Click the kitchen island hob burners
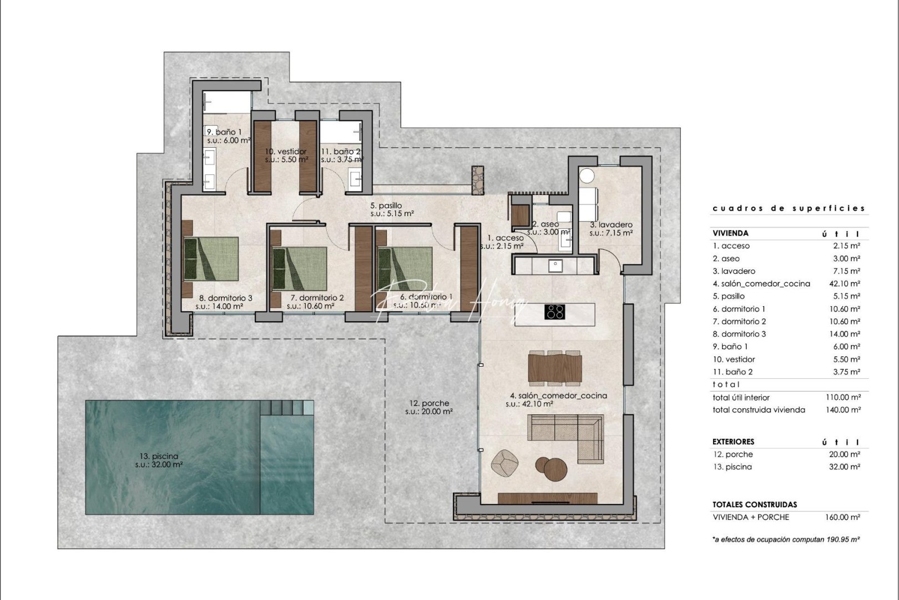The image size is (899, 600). [x=555, y=312]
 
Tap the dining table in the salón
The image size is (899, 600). [x=555, y=367]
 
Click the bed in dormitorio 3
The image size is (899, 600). [x=211, y=258]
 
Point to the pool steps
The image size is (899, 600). [x=287, y=408]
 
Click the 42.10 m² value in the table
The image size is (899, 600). [x=843, y=284]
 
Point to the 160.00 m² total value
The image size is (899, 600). [x=843, y=517]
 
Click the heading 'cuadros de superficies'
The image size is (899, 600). [x=789, y=208]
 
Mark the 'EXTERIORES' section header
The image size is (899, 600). [x=733, y=442]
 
